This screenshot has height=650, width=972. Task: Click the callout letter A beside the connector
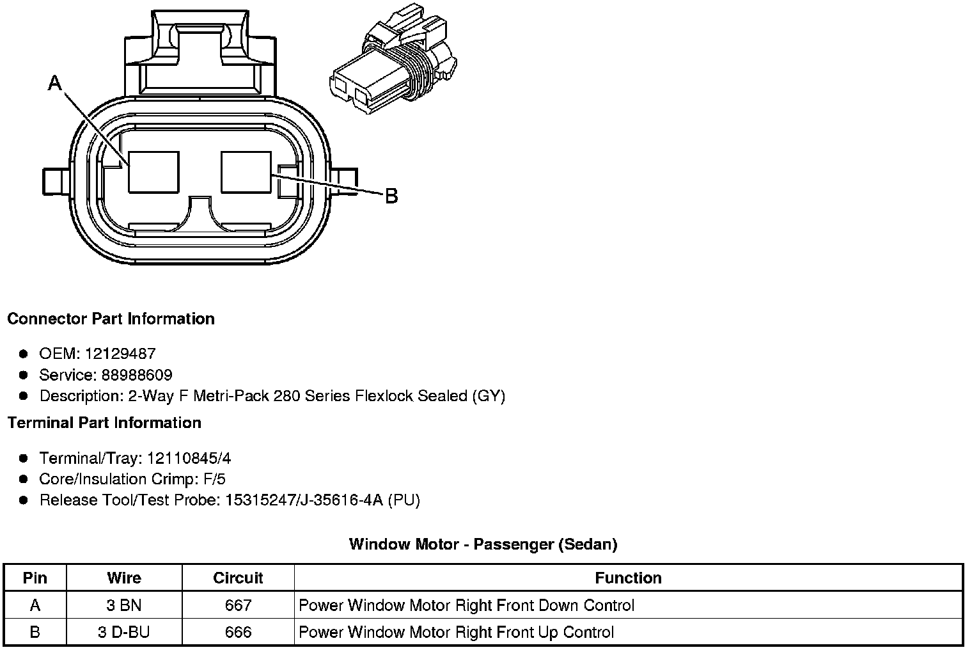pyautogui.click(x=56, y=83)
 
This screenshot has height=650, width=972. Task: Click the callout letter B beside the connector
pyautogui.click(x=391, y=196)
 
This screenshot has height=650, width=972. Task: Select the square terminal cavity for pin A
pyautogui.click(x=153, y=171)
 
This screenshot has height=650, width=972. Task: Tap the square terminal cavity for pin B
pyautogui.click(x=246, y=171)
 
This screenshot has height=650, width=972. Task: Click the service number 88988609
pyautogui.click(x=136, y=375)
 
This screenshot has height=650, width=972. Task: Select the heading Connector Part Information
pyautogui.click(x=111, y=319)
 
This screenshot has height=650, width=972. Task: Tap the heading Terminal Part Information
pyautogui.click(x=104, y=423)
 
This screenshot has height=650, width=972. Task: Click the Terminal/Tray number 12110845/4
pyautogui.click(x=189, y=458)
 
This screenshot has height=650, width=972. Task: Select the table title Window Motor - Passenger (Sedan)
pyautogui.click(x=483, y=544)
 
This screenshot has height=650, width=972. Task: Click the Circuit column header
pyautogui.click(x=238, y=578)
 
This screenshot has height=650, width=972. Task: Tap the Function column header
pyautogui.click(x=628, y=578)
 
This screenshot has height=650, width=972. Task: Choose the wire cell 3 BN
pyautogui.click(x=124, y=605)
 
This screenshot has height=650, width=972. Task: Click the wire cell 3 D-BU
pyautogui.click(x=124, y=633)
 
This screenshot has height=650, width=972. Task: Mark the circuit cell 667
pyautogui.click(x=238, y=605)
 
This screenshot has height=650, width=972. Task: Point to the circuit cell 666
pyautogui.click(x=238, y=633)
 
